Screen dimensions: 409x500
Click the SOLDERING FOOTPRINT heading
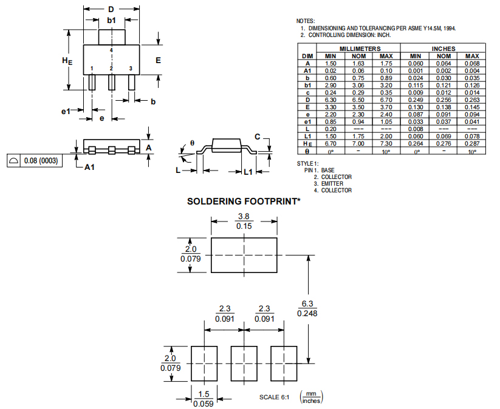(x=244, y=201)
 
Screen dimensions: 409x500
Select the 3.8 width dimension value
(x=244, y=216)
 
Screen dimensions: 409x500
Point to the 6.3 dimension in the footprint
(x=307, y=303)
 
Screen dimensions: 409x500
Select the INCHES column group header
(x=443, y=49)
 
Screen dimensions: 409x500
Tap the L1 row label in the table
(x=308, y=136)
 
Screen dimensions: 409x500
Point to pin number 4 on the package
(x=111, y=50)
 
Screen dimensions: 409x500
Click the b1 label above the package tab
(x=111, y=21)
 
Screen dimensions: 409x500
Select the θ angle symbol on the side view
(x=192, y=143)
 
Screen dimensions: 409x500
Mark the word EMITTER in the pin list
(x=333, y=183)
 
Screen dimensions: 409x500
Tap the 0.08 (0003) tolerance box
(x=36, y=161)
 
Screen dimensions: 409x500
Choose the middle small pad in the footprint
(x=244, y=364)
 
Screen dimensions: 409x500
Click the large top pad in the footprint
(x=244, y=255)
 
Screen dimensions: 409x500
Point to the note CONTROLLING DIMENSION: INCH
(x=349, y=35)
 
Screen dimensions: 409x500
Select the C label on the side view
(x=258, y=137)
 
